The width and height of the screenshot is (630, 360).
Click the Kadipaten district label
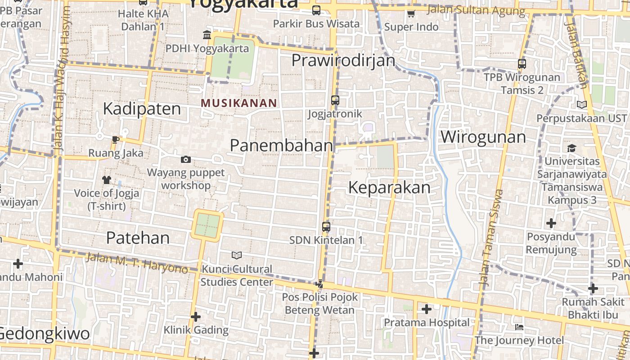point(142,109)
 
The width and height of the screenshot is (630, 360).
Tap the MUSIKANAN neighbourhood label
point(238,103)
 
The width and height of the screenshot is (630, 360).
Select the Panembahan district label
point(282,145)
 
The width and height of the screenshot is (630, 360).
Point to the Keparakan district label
point(389,188)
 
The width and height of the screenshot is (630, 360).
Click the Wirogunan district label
point(483,137)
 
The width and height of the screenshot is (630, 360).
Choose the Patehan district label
point(138,238)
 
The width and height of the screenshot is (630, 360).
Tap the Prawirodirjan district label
point(343,60)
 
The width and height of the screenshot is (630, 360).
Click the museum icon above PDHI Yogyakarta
point(207,35)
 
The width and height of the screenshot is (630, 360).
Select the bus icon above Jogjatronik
point(335,100)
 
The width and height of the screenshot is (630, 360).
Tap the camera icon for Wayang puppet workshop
point(186,159)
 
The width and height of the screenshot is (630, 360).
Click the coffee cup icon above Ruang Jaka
point(116,139)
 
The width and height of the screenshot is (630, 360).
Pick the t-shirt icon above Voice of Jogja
point(106,180)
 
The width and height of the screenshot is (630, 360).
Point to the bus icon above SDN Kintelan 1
point(326,227)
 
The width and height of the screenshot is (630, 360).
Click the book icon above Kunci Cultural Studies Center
point(237,256)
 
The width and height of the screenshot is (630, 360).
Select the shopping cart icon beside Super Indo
point(411,14)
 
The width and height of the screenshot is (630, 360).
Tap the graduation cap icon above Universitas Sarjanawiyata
point(571,148)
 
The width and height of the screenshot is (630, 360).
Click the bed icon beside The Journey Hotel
point(519,327)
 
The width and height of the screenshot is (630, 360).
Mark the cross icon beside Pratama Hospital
point(426,309)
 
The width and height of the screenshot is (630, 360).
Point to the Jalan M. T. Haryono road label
point(136,263)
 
